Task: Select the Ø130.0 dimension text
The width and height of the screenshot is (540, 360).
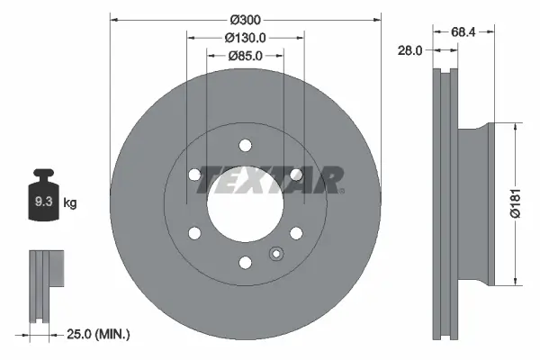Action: pos(245,38)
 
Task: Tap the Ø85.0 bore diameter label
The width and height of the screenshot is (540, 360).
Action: pos(245,56)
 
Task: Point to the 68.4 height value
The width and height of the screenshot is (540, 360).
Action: pos(463,31)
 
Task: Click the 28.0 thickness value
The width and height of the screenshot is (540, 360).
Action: pos(409,51)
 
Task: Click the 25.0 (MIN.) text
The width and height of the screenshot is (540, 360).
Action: pos(100,334)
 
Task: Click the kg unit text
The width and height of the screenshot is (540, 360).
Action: pos(70,203)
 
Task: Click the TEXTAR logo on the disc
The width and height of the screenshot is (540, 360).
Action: pos(270,179)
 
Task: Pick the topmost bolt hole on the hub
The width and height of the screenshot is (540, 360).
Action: pos(245,146)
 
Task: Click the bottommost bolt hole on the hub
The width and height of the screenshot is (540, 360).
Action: pos(245,262)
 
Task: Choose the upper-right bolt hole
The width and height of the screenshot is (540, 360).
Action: pos(295,175)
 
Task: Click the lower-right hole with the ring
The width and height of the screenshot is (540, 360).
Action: pos(295,233)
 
